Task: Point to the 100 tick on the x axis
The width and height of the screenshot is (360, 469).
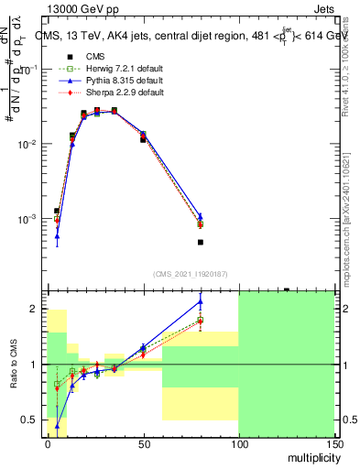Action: [x=238, y=441]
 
